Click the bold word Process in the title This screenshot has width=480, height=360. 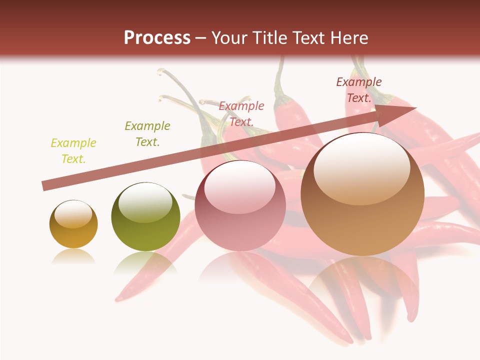[x=157, y=38]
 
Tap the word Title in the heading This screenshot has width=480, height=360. [x=269, y=38]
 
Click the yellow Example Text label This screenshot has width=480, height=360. [x=73, y=151]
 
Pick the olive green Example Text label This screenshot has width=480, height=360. [x=147, y=134]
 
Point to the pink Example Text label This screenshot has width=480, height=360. [x=241, y=113]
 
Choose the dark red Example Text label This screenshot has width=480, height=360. [x=359, y=90]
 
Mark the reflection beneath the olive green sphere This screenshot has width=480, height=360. [x=145, y=262]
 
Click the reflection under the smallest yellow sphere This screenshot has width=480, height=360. [x=73, y=256]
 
